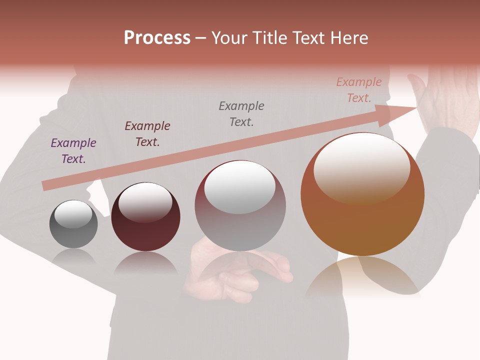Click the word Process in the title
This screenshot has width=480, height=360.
pyautogui.click(x=157, y=38)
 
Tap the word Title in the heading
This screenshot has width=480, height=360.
pyautogui.click(x=266, y=38)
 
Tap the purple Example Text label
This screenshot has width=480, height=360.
pyautogui.click(x=73, y=151)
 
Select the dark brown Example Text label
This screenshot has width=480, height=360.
pyautogui.click(x=147, y=134)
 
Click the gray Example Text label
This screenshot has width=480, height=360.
pyautogui.click(x=241, y=114)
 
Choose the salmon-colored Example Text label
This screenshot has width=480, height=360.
pyautogui.click(x=359, y=90)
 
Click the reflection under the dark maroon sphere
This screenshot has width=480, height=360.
pyautogui.click(x=145, y=263)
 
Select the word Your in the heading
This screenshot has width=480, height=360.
pyautogui.click(x=229, y=38)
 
